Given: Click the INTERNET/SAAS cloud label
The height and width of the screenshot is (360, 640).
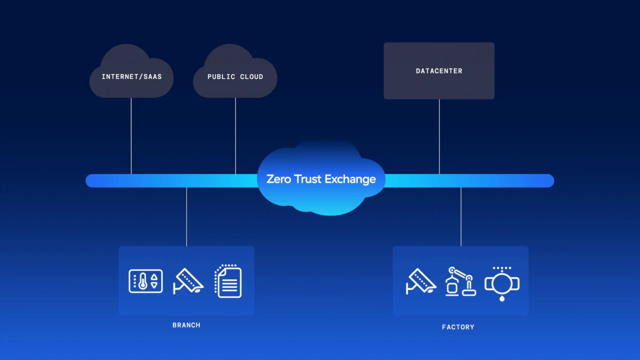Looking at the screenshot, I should click(131, 77).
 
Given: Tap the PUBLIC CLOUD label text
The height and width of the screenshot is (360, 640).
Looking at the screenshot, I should click(235, 77).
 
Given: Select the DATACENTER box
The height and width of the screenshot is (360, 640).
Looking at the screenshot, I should click(439, 71).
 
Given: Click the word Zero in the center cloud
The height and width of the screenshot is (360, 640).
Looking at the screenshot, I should click(278, 179).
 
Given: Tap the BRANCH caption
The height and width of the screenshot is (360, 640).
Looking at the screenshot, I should click(186, 325).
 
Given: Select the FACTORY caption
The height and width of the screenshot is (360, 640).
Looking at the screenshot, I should click(458, 327).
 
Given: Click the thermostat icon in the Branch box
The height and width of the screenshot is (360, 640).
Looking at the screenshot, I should click(145, 281).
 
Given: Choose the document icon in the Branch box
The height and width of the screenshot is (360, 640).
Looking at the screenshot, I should click(228, 281).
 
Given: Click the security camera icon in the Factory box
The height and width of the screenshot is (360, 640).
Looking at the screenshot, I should click(420, 281).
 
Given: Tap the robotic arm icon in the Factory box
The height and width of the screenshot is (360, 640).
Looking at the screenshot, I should click(460, 281).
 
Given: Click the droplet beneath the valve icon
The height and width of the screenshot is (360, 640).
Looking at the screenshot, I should click(501, 298).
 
